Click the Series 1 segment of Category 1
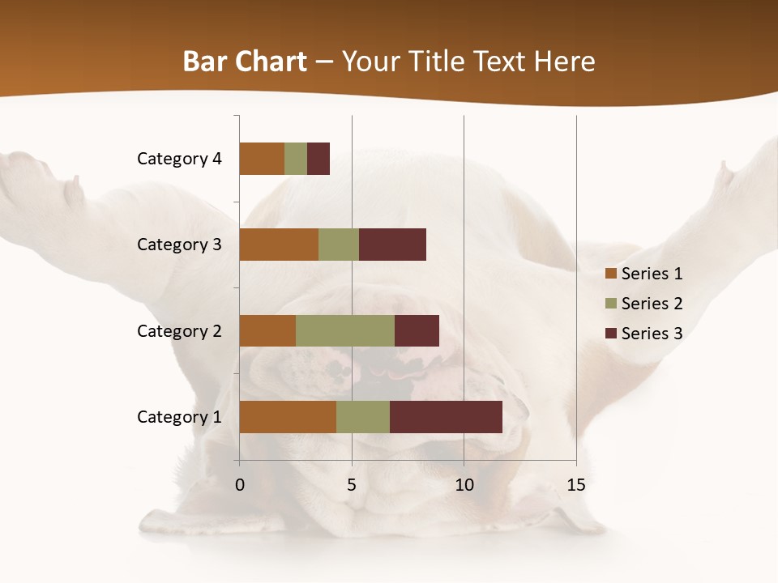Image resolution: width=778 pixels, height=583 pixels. point(288,417)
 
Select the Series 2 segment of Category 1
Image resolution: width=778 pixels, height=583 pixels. point(363,417)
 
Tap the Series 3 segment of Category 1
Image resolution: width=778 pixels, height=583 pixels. point(446,417)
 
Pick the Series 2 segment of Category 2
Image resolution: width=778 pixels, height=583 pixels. point(345,330)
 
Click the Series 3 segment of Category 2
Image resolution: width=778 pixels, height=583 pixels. point(417,330)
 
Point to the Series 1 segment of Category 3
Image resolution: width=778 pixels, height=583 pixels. point(279,245)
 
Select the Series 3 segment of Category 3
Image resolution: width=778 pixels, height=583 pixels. point(392,245)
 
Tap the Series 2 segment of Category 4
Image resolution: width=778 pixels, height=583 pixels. point(296,159)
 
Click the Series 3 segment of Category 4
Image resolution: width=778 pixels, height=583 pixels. point(318,159)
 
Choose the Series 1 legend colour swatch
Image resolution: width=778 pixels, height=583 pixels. point(610,274)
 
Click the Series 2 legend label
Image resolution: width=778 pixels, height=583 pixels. point(652,304)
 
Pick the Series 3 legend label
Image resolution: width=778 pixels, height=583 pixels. point(652,334)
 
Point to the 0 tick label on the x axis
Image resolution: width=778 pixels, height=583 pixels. point(240,485)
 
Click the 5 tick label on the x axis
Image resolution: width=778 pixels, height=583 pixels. point(352,485)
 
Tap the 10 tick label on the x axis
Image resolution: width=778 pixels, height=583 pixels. point(464,485)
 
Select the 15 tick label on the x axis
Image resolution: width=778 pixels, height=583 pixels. point(575,485)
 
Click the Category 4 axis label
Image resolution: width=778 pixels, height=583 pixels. point(179,159)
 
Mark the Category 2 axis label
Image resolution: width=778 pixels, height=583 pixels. point(179,330)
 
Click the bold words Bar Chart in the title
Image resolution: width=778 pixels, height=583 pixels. point(245,62)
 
